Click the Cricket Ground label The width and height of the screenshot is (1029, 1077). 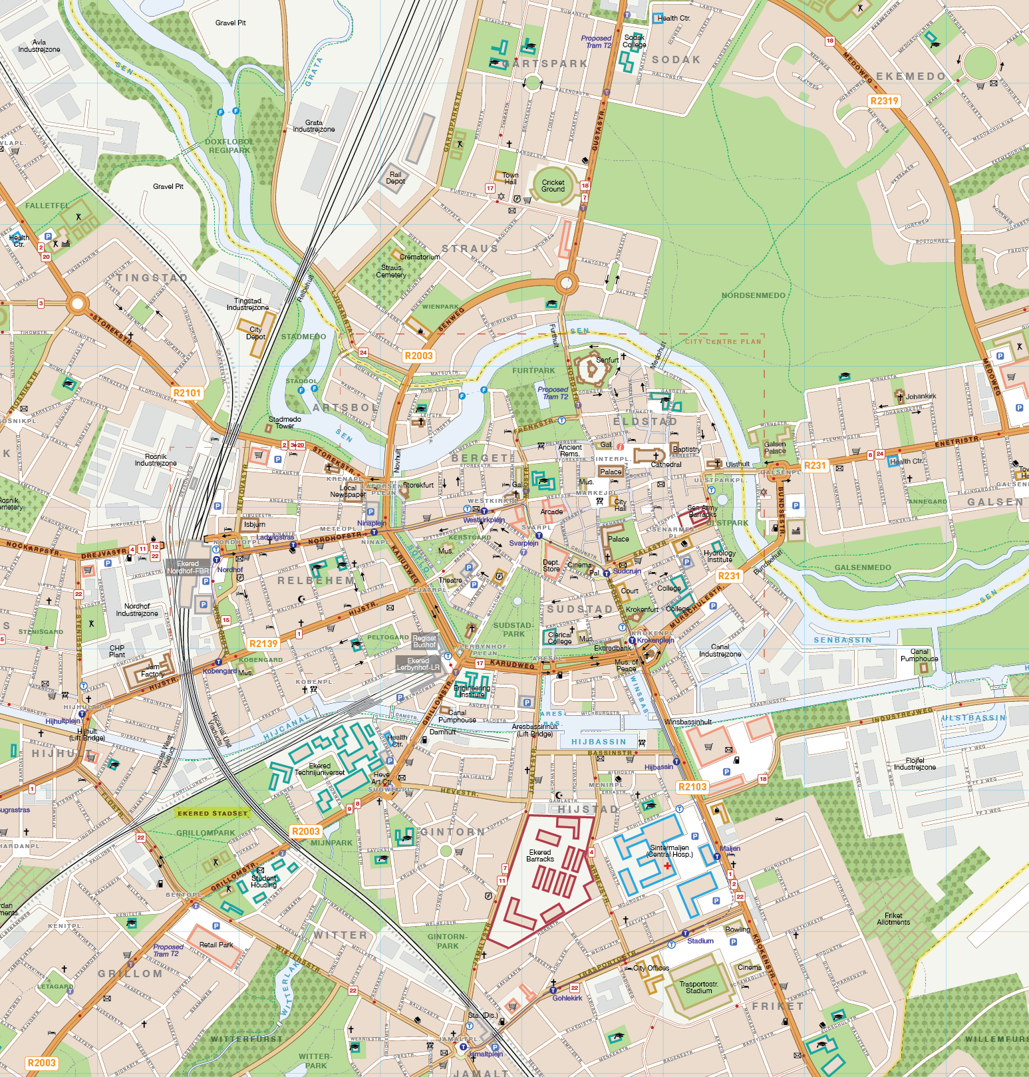(553, 186)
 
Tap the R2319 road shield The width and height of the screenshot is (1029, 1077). (884, 101)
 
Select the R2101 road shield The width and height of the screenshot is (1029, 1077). (187, 393)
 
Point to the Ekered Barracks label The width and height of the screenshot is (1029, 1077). (540, 855)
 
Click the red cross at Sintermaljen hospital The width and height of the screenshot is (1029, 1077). (668, 865)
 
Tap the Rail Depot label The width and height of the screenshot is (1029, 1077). (395, 178)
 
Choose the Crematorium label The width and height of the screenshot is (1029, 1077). (420, 257)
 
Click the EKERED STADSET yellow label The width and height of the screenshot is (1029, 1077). (212, 813)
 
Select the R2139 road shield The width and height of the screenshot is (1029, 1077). (263, 644)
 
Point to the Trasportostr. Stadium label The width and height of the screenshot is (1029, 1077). (698, 987)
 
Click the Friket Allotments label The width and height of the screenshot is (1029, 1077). (893, 919)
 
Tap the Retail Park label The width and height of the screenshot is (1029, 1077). (216, 945)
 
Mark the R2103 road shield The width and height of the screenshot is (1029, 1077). (692, 787)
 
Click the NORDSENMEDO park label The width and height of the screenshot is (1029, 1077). (754, 295)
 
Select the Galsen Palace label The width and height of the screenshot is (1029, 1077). (775, 448)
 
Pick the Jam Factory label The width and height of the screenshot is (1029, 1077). (152, 671)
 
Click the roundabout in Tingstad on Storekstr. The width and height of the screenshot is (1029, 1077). (78, 305)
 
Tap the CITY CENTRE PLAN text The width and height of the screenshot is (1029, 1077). (723, 342)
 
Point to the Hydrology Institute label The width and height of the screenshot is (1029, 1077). (720, 556)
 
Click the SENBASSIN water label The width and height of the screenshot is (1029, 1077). (843, 640)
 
